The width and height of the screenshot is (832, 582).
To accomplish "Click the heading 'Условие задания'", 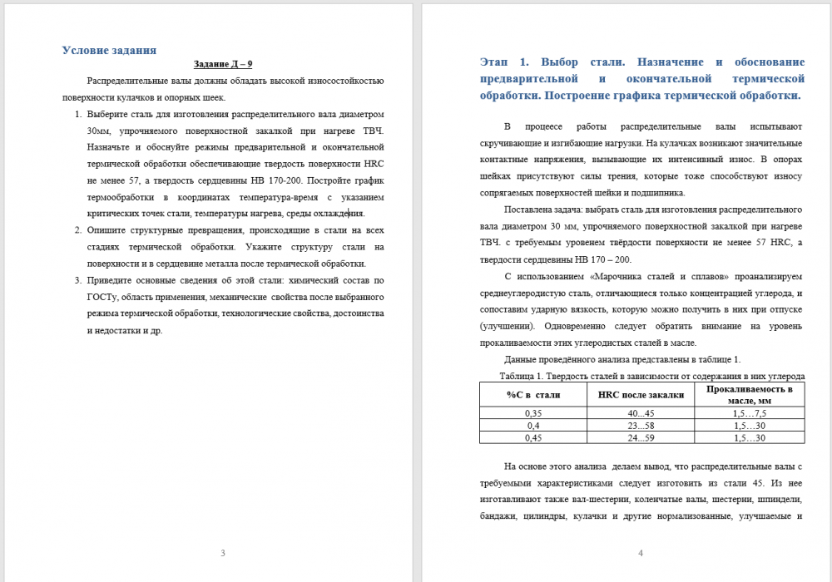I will click(x=109, y=50).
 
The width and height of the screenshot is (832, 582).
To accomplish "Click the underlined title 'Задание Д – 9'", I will click(x=223, y=64).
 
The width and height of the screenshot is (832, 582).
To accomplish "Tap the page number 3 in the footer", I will click(x=222, y=553).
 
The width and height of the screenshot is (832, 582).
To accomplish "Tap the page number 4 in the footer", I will click(x=640, y=553).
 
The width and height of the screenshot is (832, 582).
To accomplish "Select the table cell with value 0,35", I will click(x=533, y=413).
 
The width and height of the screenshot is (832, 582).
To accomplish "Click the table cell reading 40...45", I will click(x=641, y=413).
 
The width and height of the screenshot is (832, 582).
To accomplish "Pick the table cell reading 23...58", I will click(x=641, y=426).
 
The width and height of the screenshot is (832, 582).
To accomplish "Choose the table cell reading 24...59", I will click(x=641, y=437).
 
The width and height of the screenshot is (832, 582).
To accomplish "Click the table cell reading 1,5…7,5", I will click(x=749, y=413).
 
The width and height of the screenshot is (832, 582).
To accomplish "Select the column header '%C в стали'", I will click(x=533, y=395).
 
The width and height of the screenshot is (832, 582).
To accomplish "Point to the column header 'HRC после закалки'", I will click(x=641, y=395).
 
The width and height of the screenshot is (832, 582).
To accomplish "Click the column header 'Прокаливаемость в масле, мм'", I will click(x=749, y=395).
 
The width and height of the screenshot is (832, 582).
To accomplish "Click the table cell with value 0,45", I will click(x=533, y=437).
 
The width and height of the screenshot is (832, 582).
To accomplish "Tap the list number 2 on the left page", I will click(x=78, y=230).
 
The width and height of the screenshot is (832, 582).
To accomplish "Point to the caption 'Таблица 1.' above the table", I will click(x=513, y=377).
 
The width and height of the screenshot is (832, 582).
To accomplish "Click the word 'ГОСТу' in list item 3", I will click(x=102, y=297).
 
